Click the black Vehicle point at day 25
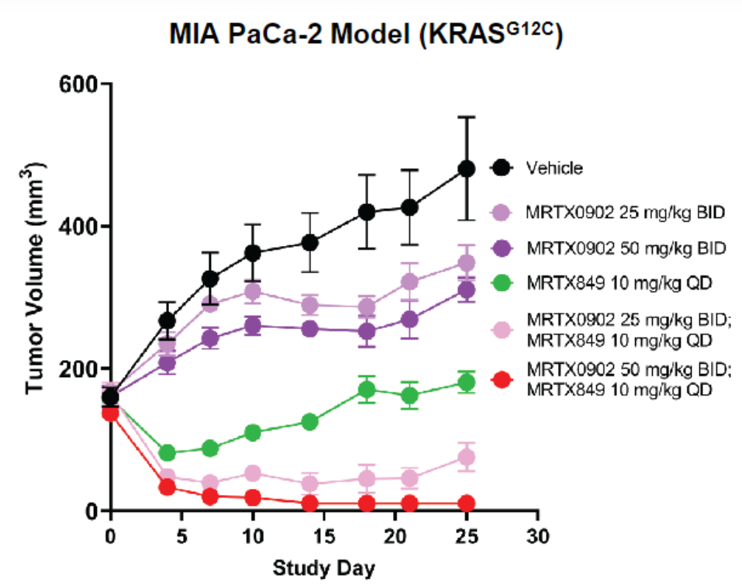(x=466, y=168)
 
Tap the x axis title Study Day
(x=323, y=568)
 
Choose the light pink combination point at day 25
(x=466, y=458)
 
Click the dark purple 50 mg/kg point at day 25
(x=466, y=290)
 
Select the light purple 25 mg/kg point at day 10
(x=253, y=291)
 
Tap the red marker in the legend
(x=502, y=380)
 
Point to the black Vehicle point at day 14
(x=309, y=242)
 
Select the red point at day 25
(x=466, y=504)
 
